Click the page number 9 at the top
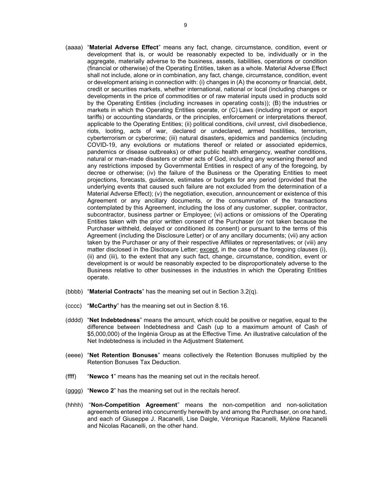[x=185, y=25]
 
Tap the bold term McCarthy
[x=103, y=306]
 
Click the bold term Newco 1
[x=102, y=377]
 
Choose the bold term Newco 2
[x=102, y=391]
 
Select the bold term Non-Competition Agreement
[x=134, y=405]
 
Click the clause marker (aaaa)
[x=74, y=47]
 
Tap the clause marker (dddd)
[x=74, y=320]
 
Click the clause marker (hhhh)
[x=74, y=405]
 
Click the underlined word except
[x=209, y=249]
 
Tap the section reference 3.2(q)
[x=249, y=292]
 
